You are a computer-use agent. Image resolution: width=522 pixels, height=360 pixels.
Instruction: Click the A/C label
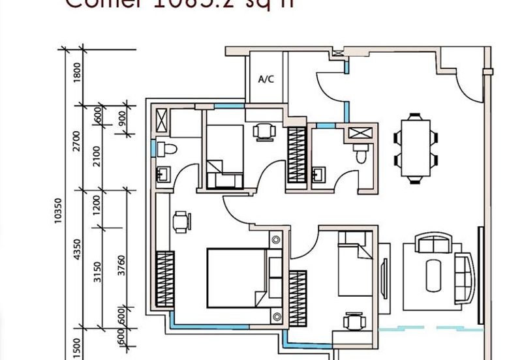[266, 80]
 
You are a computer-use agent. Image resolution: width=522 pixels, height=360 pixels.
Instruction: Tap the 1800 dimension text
[77, 72]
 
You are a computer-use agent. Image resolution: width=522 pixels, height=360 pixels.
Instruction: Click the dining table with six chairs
[415, 148]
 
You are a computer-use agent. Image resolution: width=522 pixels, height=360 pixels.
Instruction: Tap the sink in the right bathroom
[319, 175]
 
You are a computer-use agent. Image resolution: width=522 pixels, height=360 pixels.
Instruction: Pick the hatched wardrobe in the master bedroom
[164, 279]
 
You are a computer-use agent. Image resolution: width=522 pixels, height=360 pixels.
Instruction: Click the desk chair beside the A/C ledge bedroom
[264, 132]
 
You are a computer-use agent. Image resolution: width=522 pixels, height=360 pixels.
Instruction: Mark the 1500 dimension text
[77, 344]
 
